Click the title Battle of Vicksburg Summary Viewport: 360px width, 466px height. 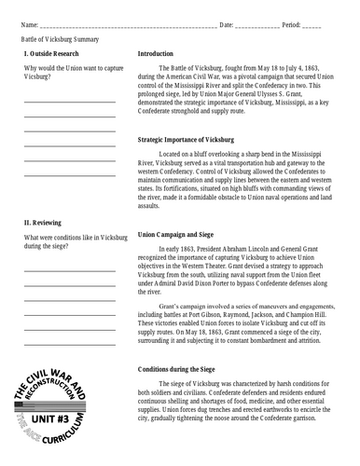61,40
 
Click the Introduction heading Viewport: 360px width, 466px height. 162,54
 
